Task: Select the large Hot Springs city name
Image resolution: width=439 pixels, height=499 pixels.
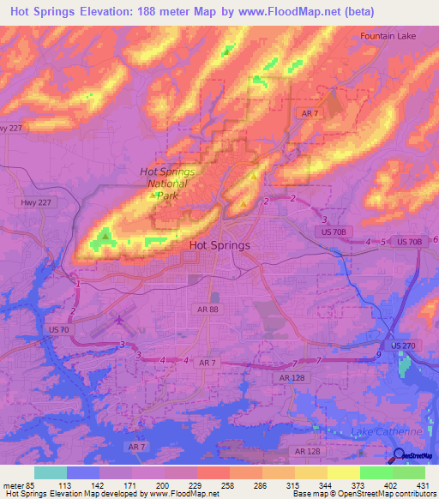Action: pos(219,245)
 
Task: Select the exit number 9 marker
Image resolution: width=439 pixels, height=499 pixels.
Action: pos(377,354)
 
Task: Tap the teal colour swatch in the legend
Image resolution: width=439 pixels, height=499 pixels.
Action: pos(51,472)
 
